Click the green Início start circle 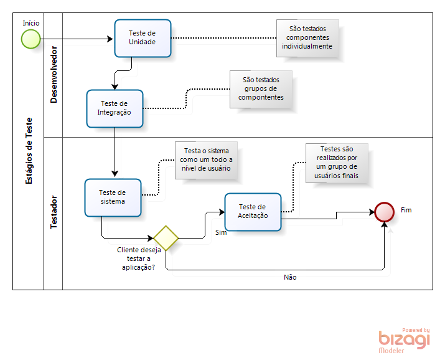click(x=30, y=39)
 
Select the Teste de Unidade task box click(x=143, y=38)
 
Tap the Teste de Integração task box click(x=115, y=108)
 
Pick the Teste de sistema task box click(x=113, y=197)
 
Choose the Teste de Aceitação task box click(x=253, y=211)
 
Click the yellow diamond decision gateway click(x=166, y=238)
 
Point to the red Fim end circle click(x=385, y=212)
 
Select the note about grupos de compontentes click(x=261, y=88)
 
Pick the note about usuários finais click(x=336, y=163)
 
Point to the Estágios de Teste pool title click(x=29, y=151)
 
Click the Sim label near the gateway click(x=221, y=232)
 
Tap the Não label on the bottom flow click(x=290, y=277)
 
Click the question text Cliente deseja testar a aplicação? click(x=139, y=258)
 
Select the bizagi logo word click(x=404, y=339)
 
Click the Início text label click(x=31, y=23)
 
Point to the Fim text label click(x=406, y=210)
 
